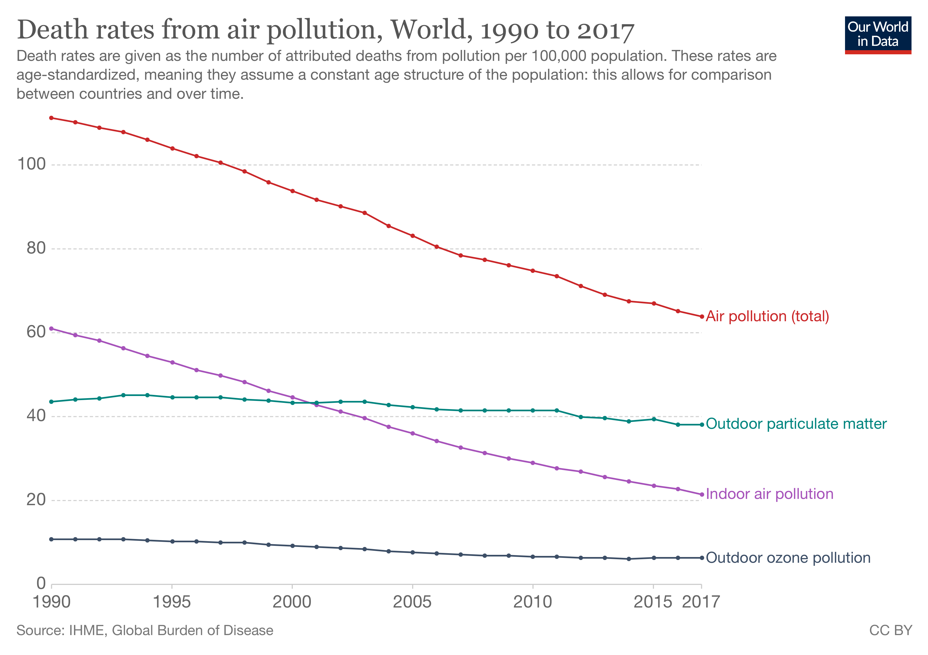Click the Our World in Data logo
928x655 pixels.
pyautogui.click(x=878, y=35)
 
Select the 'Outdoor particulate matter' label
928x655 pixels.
pyautogui.click(x=796, y=424)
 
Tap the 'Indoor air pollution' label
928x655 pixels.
pyautogui.click(x=769, y=494)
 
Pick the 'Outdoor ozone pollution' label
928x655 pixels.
pyautogui.click(x=788, y=558)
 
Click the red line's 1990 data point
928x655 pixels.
pyautogui.click(x=51, y=118)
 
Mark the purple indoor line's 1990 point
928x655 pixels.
pyautogui.click(x=51, y=329)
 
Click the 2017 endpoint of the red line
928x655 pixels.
pyautogui.click(x=702, y=316)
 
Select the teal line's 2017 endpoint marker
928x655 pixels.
pyautogui.click(x=702, y=425)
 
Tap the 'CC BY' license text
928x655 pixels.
pyautogui.click(x=890, y=631)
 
